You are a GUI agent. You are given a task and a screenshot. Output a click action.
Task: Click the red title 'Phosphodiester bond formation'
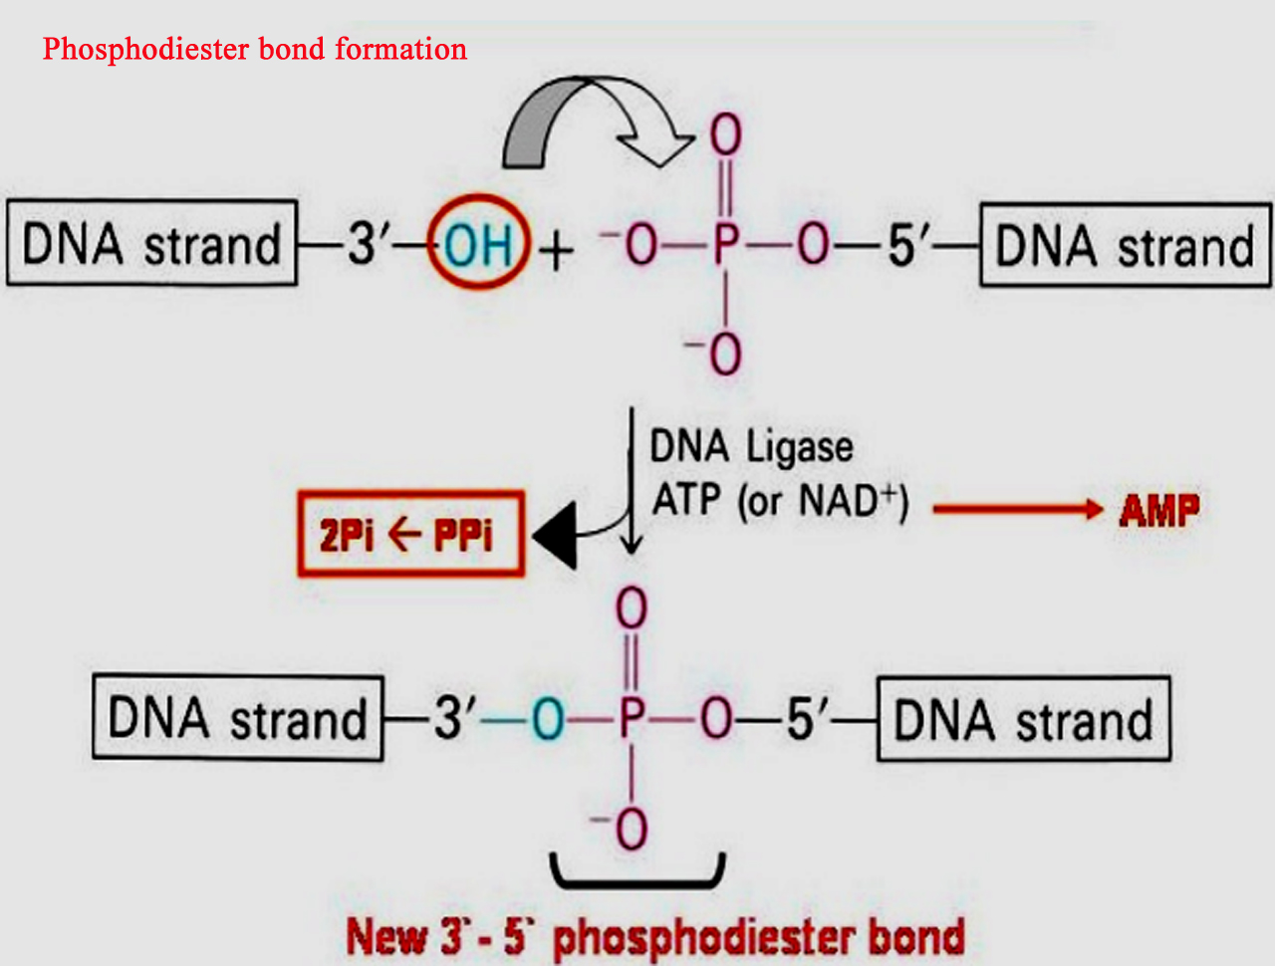pyautogui.click(x=254, y=49)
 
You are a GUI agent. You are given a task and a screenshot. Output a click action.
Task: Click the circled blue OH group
pyautogui.click(x=478, y=243)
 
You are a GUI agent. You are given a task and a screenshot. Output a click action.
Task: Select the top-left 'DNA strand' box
pyautogui.click(x=151, y=244)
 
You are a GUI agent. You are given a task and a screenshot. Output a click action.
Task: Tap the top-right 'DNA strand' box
pyautogui.click(x=1125, y=246)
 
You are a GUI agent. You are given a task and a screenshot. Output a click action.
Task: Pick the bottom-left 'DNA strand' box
pyautogui.click(x=237, y=718)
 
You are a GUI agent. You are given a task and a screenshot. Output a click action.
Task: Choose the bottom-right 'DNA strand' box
pyautogui.click(x=1023, y=720)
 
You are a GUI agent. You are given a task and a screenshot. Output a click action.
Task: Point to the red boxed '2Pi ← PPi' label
pyautogui.click(x=410, y=535)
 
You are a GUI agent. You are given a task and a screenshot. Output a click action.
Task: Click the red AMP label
pyautogui.click(x=1158, y=511)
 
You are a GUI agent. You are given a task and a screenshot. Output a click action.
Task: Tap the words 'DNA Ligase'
pyautogui.click(x=751, y=447)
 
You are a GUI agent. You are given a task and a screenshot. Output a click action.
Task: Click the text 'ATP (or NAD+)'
pyautogui.click(x=780, y=500)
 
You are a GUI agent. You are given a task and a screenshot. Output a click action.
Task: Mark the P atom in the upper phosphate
pyautogui.click(x=726, y=244)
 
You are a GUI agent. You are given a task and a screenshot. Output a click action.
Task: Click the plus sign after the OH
pyautogui.click(x=556, y=249)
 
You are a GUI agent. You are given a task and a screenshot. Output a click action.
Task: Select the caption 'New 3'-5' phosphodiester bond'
pyautogui.click(x=655, y=936)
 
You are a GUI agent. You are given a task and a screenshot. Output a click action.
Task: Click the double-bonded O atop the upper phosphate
pyautogui.click(x=726, y=134)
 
